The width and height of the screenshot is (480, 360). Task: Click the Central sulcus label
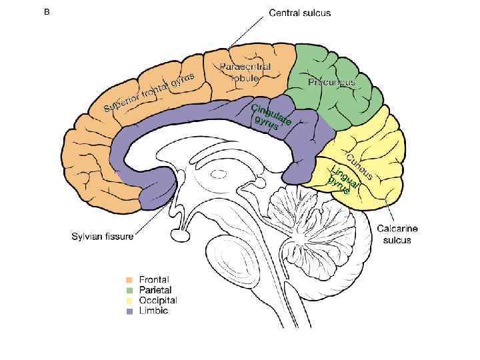[299, 13]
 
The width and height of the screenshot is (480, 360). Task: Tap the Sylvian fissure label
[102, 235]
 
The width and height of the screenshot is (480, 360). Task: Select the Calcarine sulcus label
[397, 233]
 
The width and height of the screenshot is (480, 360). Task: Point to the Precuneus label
[331, 83]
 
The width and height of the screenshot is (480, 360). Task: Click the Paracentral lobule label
[245, 72]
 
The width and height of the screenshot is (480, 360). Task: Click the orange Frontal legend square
[130, 280]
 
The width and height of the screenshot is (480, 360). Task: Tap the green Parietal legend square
[130, 290]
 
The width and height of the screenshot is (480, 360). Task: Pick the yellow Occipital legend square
[130, 301]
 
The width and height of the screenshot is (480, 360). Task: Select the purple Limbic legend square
[130, 311]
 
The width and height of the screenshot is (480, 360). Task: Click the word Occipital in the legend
[157, 301]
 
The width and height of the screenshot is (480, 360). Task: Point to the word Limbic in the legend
[153, 311]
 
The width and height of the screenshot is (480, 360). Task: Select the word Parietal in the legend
[155, 290]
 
